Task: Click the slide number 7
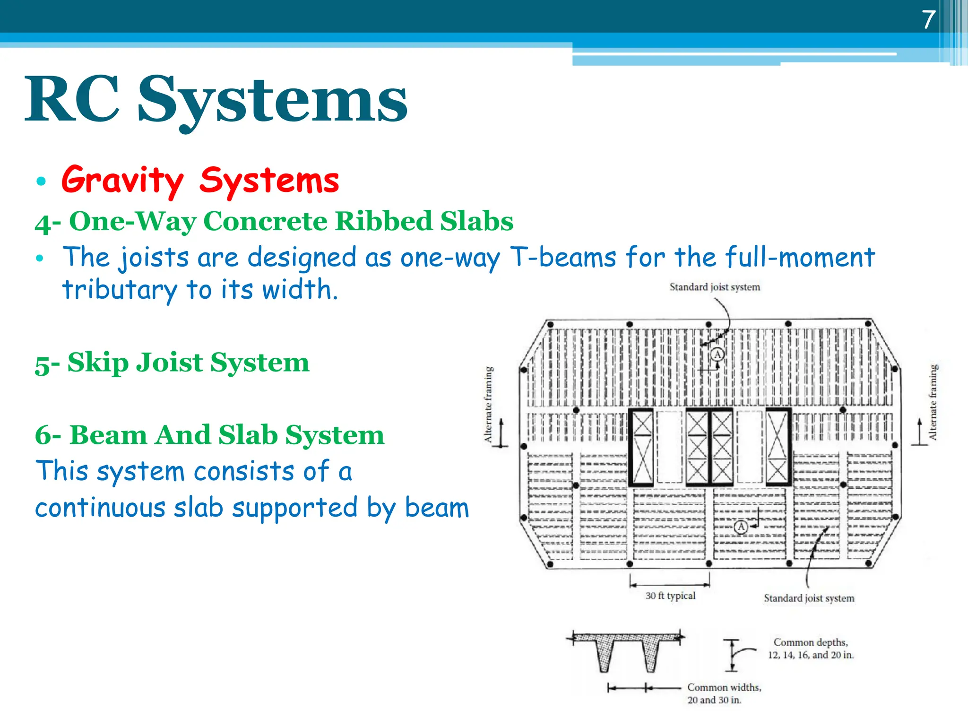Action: [929, 20]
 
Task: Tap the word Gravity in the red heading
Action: [122, 180]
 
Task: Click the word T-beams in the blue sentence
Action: [563, 258]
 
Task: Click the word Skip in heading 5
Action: [98, 363]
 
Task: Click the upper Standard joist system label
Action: [715, 287]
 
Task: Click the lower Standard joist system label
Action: [809, 598]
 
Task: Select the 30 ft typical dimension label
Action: [670, 596]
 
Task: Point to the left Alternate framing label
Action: [488, 404]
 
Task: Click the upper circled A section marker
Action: [717, 354]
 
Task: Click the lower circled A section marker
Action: [741, 526]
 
